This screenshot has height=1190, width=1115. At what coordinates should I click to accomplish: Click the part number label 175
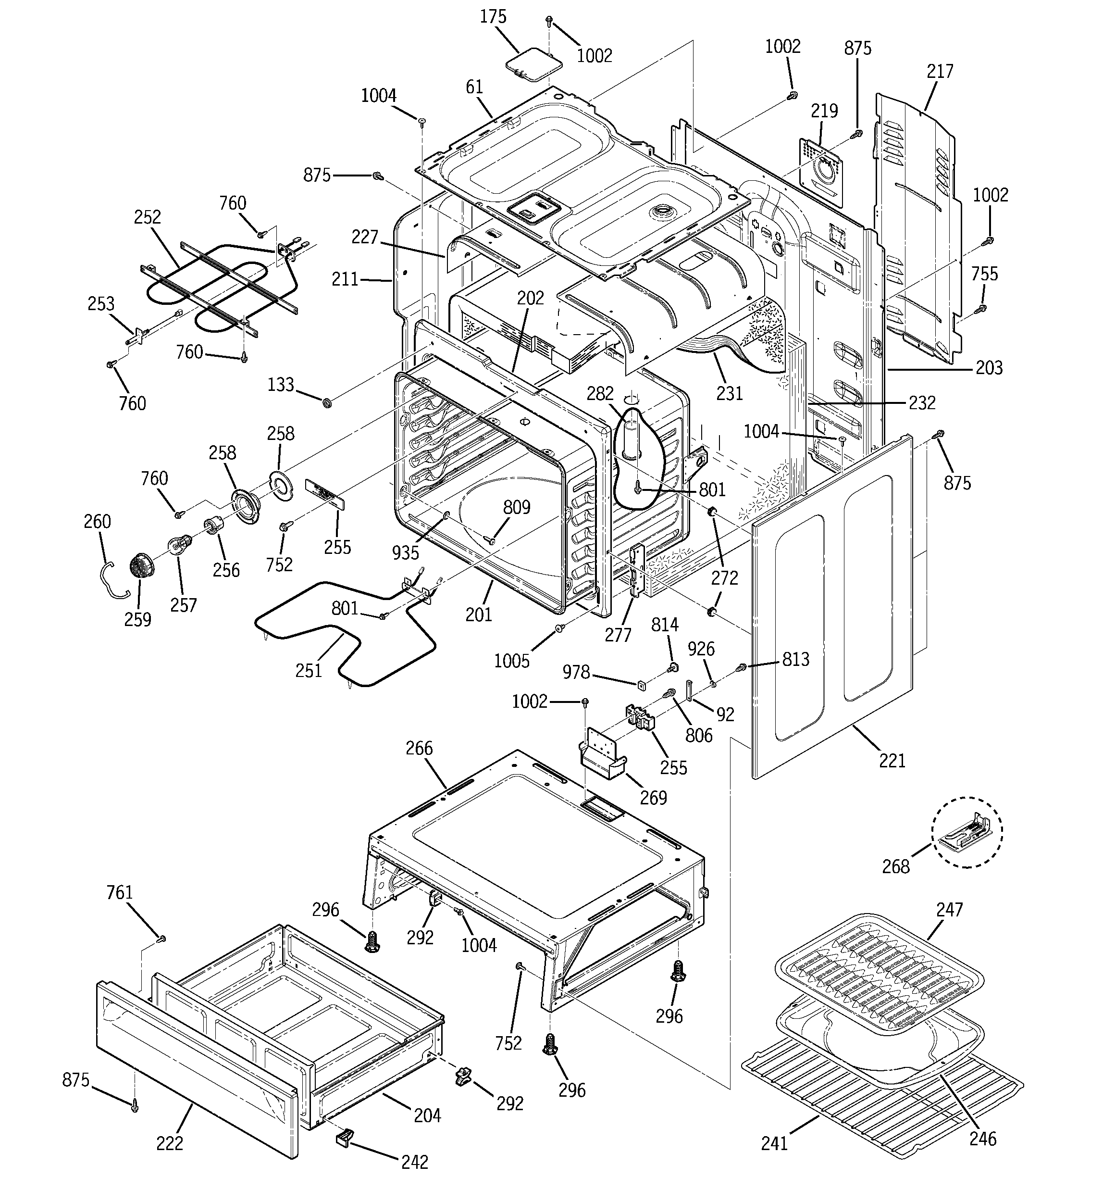(493, 17)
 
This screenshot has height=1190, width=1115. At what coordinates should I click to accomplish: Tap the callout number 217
(940, 72)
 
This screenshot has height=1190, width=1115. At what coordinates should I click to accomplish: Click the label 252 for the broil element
(147, 217)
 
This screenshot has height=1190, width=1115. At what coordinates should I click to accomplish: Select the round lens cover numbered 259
(141, 565)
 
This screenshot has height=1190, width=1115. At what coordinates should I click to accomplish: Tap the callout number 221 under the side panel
(892, 761)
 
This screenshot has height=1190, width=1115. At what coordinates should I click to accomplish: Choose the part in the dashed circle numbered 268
(966, 833)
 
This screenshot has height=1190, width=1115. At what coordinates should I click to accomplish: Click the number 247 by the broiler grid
(949, 909)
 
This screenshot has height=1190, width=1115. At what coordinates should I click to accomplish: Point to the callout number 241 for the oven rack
(774, 1144)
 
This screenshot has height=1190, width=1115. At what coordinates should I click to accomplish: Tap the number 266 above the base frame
(419, 748)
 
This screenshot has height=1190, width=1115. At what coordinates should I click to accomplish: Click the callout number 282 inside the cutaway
(600, 393)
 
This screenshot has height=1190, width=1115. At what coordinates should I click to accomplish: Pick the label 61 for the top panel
(474, 88)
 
